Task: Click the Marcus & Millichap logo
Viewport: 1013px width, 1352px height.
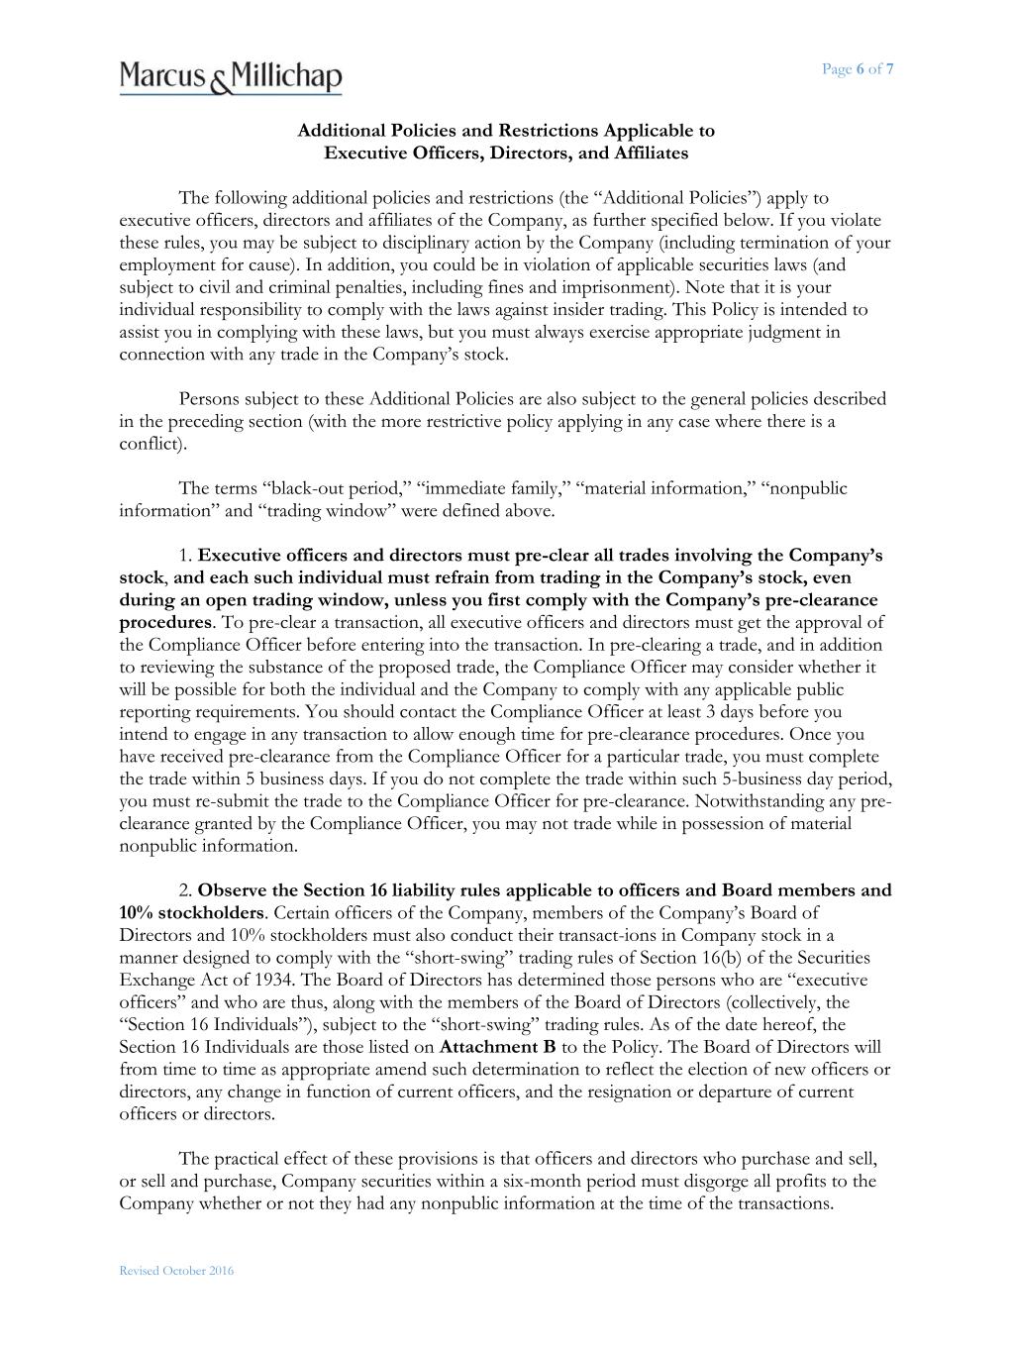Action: (231, 76)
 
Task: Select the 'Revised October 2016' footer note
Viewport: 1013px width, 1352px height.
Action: (176, 1271)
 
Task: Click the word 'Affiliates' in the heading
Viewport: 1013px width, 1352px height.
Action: (650, 154)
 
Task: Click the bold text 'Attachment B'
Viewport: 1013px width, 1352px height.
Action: (498, 1047)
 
